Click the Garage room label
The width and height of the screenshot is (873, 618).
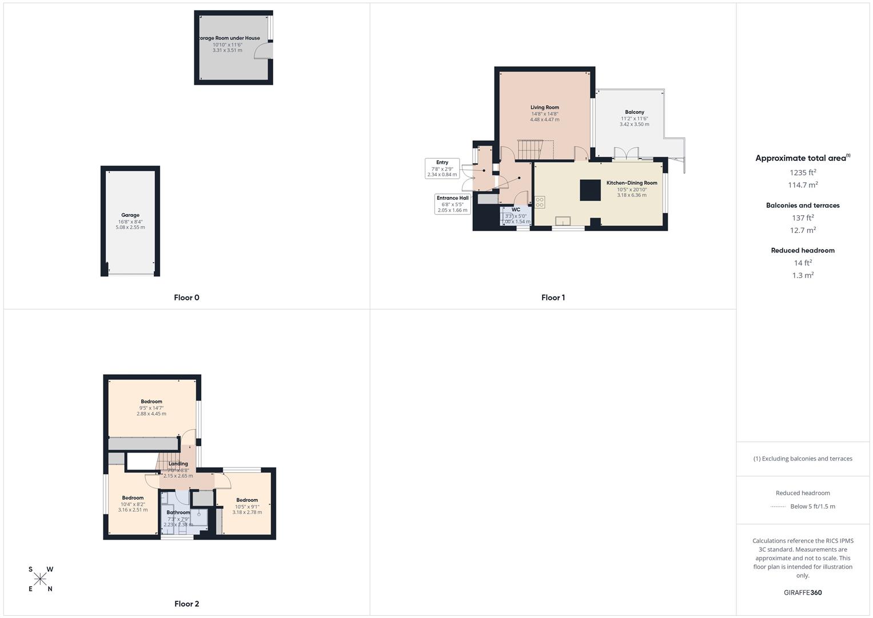(130, 215)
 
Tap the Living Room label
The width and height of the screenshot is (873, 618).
(544, 108)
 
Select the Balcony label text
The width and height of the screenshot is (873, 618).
(634, 112)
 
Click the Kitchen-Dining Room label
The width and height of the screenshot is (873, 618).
(632, 183)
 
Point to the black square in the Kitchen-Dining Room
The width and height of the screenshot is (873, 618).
(590, 190)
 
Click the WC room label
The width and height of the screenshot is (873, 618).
(516, 210)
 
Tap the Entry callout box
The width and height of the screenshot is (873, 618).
(442, 168)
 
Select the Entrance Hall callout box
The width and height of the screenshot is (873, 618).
(452, 204)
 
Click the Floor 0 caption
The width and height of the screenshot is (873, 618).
(186, 298)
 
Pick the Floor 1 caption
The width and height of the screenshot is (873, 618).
(553, 298)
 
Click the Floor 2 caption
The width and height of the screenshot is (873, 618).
(186, 604)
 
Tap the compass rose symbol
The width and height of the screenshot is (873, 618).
(40, 579)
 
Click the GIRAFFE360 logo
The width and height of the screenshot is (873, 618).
(803, 592)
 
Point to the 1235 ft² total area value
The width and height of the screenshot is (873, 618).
(803, 172)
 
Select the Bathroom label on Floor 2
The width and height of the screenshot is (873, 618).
(178, 513)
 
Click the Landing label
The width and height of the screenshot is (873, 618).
(178, 464)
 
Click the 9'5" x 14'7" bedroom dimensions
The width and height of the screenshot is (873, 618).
(152, 407)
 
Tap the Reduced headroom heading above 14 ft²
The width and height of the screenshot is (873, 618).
(803, 251)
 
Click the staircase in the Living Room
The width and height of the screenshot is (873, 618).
(529, 150)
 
